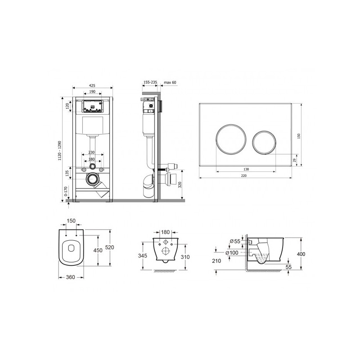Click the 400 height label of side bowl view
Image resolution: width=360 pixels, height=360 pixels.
(301, 254)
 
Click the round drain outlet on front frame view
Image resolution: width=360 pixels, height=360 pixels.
(92, 179)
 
